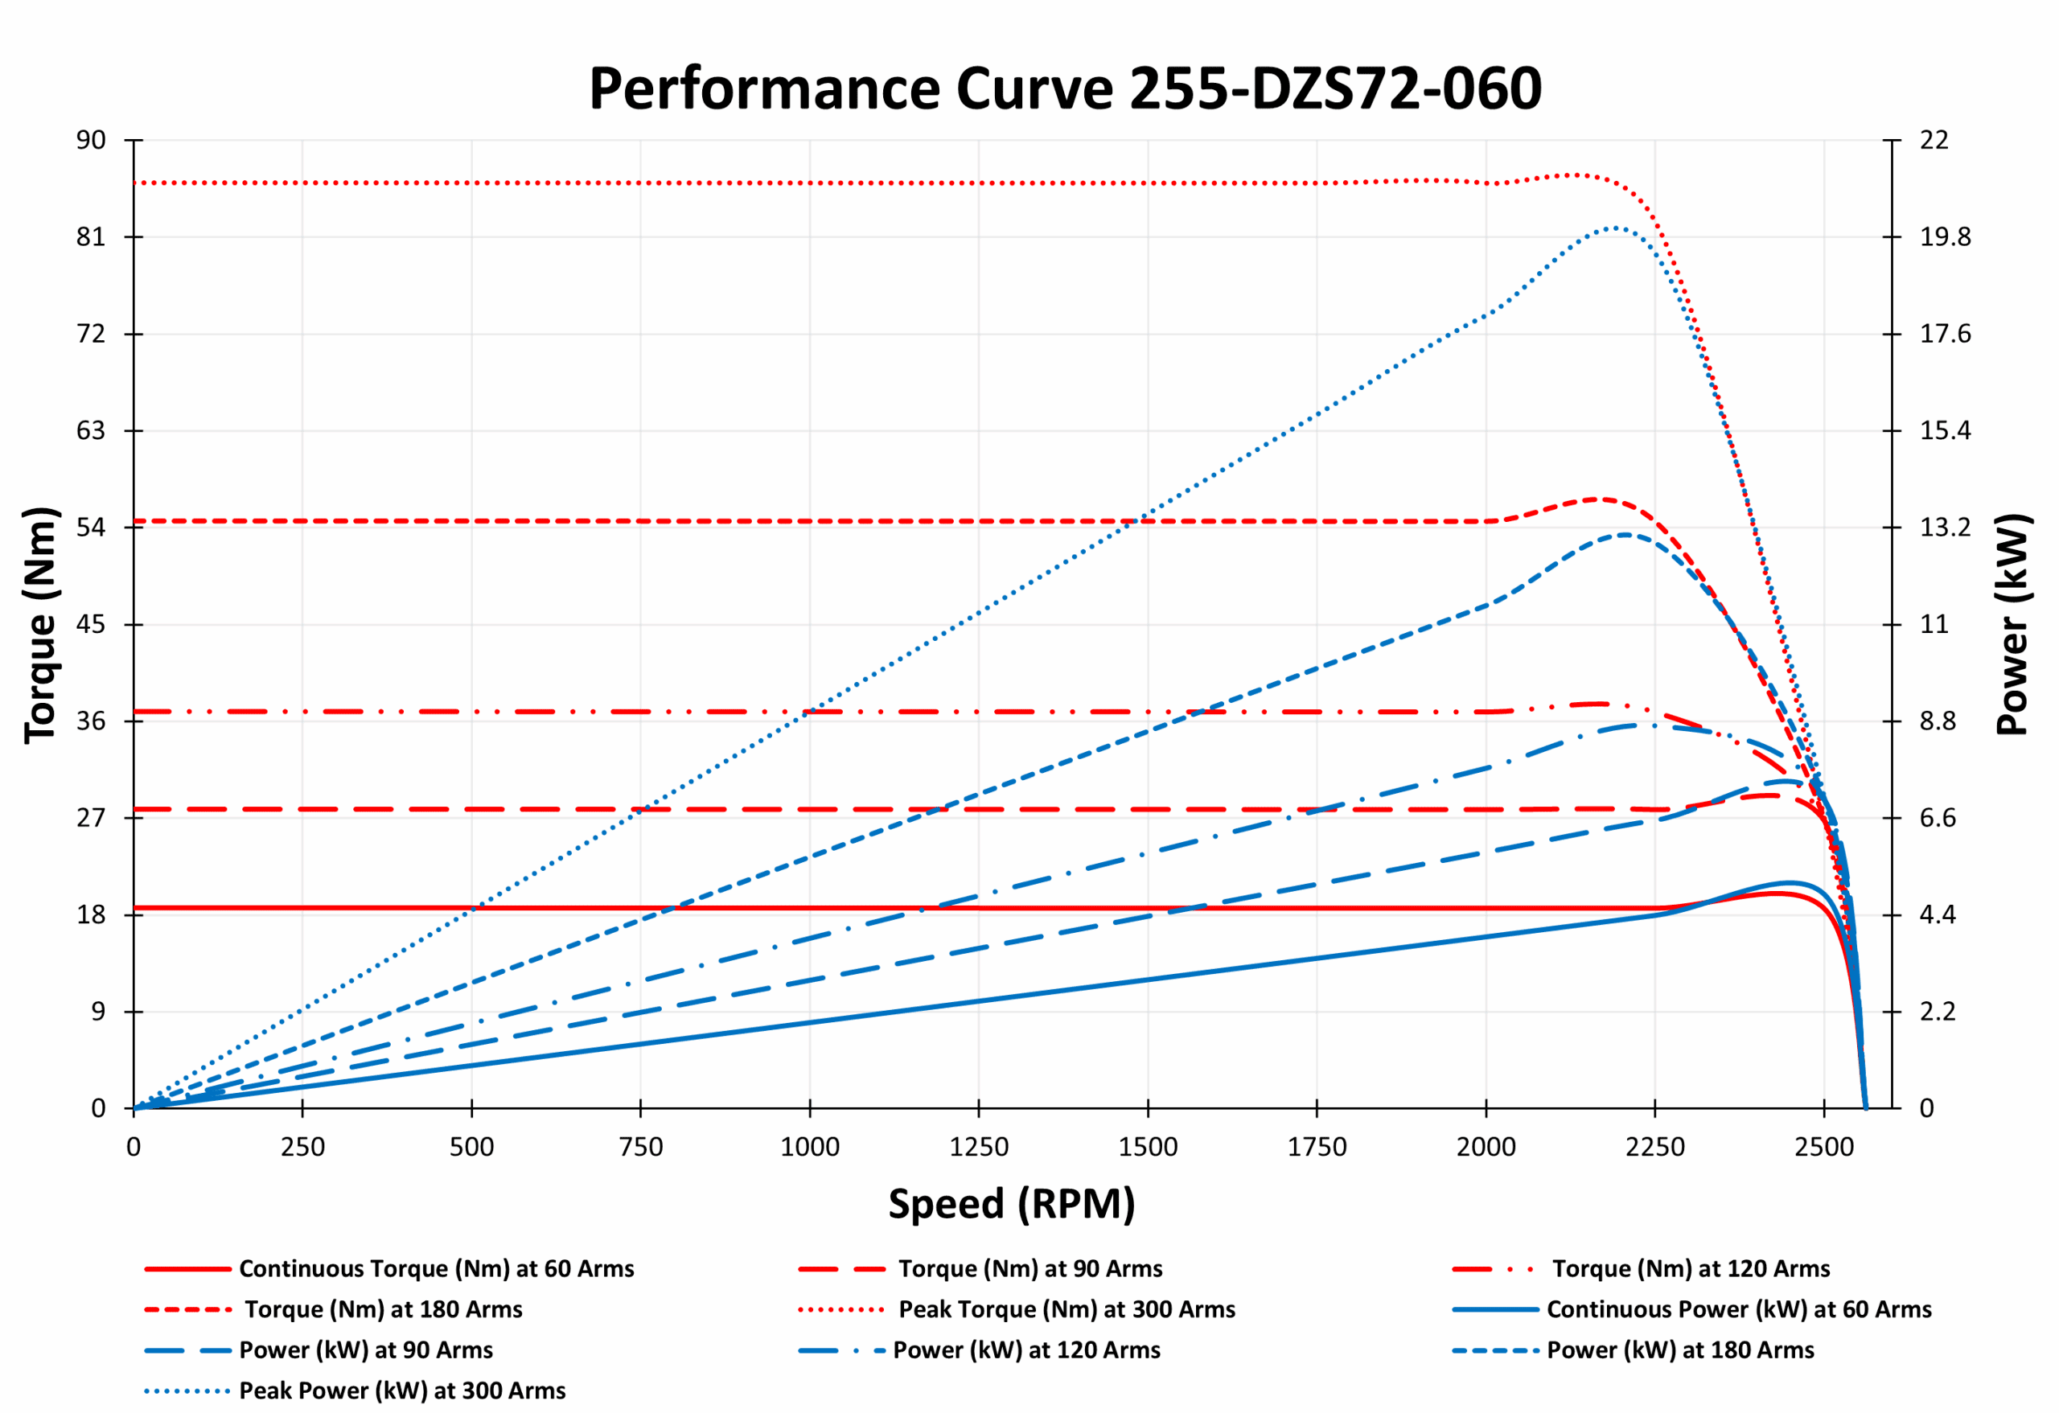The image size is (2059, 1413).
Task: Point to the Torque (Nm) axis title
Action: (40, 625)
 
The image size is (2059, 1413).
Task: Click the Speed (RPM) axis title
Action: (1011, 1204)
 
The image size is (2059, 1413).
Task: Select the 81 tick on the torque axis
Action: (90, 237)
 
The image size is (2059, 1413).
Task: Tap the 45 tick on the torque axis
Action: (90, 625)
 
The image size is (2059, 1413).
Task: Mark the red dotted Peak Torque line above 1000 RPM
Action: (810, 183)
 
